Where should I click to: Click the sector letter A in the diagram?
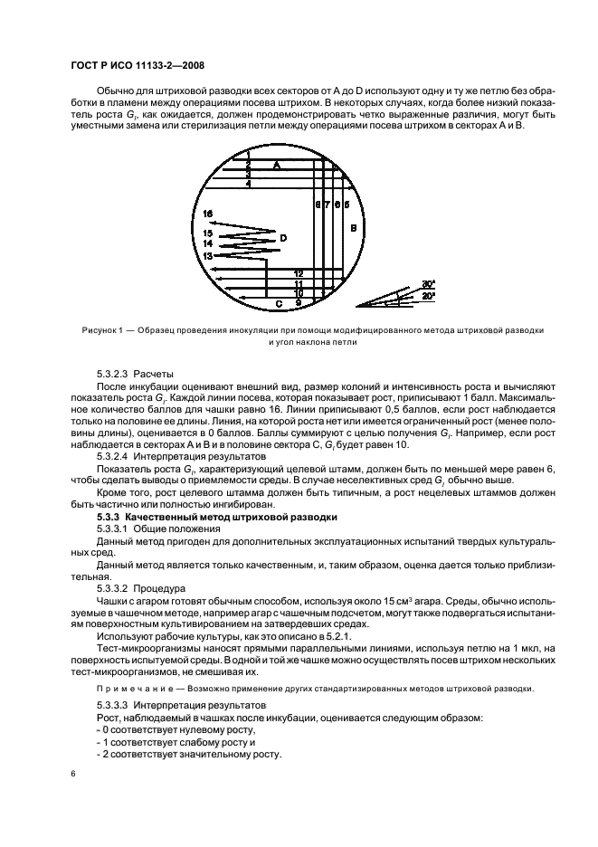(277, 166)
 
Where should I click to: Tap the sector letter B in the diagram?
(353, 227)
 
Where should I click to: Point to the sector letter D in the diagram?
(282, 238)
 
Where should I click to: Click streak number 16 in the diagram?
(208, 214)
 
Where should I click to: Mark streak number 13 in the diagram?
(208, 256)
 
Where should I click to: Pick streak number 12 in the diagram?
(298, 272)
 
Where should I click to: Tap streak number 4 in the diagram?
(248, 184)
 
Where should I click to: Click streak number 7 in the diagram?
(327, 205)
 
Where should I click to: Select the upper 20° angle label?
(428, 283)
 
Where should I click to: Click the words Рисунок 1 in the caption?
(91, 330)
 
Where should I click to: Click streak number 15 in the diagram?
(208, 233)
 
